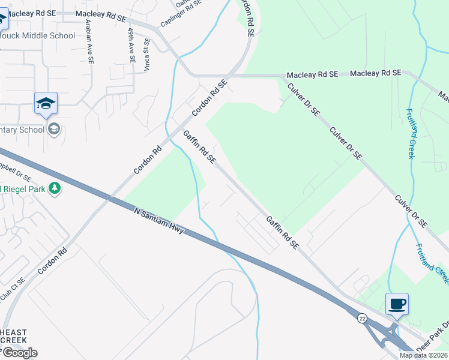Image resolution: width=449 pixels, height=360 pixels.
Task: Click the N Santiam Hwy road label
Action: point(159,220)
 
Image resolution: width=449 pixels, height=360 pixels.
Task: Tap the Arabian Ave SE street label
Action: point(89,41)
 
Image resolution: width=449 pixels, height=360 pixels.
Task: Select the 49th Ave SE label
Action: point(131,44)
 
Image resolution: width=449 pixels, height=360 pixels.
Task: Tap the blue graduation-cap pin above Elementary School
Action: point(46,103)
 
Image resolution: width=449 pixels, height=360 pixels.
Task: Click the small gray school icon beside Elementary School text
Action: point(54,129)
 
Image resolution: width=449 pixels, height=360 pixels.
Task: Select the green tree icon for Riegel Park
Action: point(55,189)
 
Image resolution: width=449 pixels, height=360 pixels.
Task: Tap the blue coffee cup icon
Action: point(397,304)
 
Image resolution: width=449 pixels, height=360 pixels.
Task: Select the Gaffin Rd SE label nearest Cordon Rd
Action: point(199,147)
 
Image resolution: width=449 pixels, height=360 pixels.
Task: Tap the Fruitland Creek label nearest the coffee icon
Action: point(432,263)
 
